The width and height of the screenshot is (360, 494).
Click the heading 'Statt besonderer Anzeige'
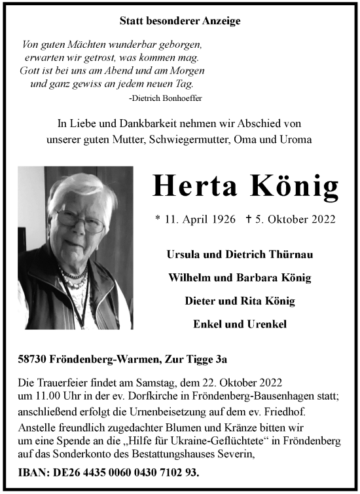point(180,21)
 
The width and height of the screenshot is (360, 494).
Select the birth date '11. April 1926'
point(195,219)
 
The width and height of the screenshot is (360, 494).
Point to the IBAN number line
point(109,472)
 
